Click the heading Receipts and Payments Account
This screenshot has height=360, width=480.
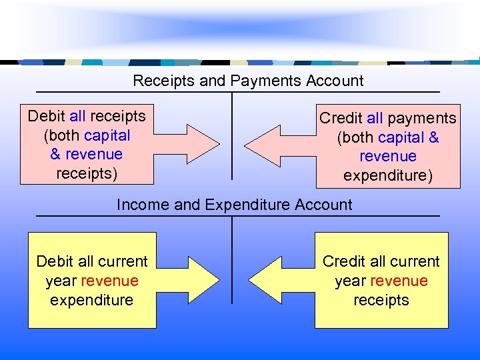point(248,81)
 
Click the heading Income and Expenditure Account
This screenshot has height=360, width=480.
point(234,205)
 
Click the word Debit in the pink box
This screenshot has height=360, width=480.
point(47,116)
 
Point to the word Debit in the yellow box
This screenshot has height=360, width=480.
point(56,261)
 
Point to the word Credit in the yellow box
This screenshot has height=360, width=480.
point(345,261)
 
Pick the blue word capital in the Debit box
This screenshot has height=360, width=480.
point(107,135)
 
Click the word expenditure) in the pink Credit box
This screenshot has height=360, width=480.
point(387,176)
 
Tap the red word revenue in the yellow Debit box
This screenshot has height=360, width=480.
point(109,281)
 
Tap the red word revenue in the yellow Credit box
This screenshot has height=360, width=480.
point(399,281)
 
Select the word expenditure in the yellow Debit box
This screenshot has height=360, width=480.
point(91,300)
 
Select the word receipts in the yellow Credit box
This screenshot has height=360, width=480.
point(381,300)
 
